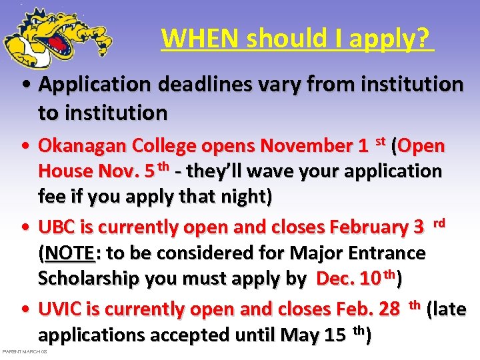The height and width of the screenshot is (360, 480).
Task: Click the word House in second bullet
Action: click(x=67, y=171)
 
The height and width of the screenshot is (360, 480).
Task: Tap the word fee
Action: click(x=51, y=197)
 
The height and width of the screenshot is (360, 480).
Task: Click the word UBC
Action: click(x=57, y=227)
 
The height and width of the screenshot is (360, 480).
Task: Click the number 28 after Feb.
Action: click(x=387, y=309)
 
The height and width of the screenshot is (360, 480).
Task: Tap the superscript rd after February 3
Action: click(x=439, y=222)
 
